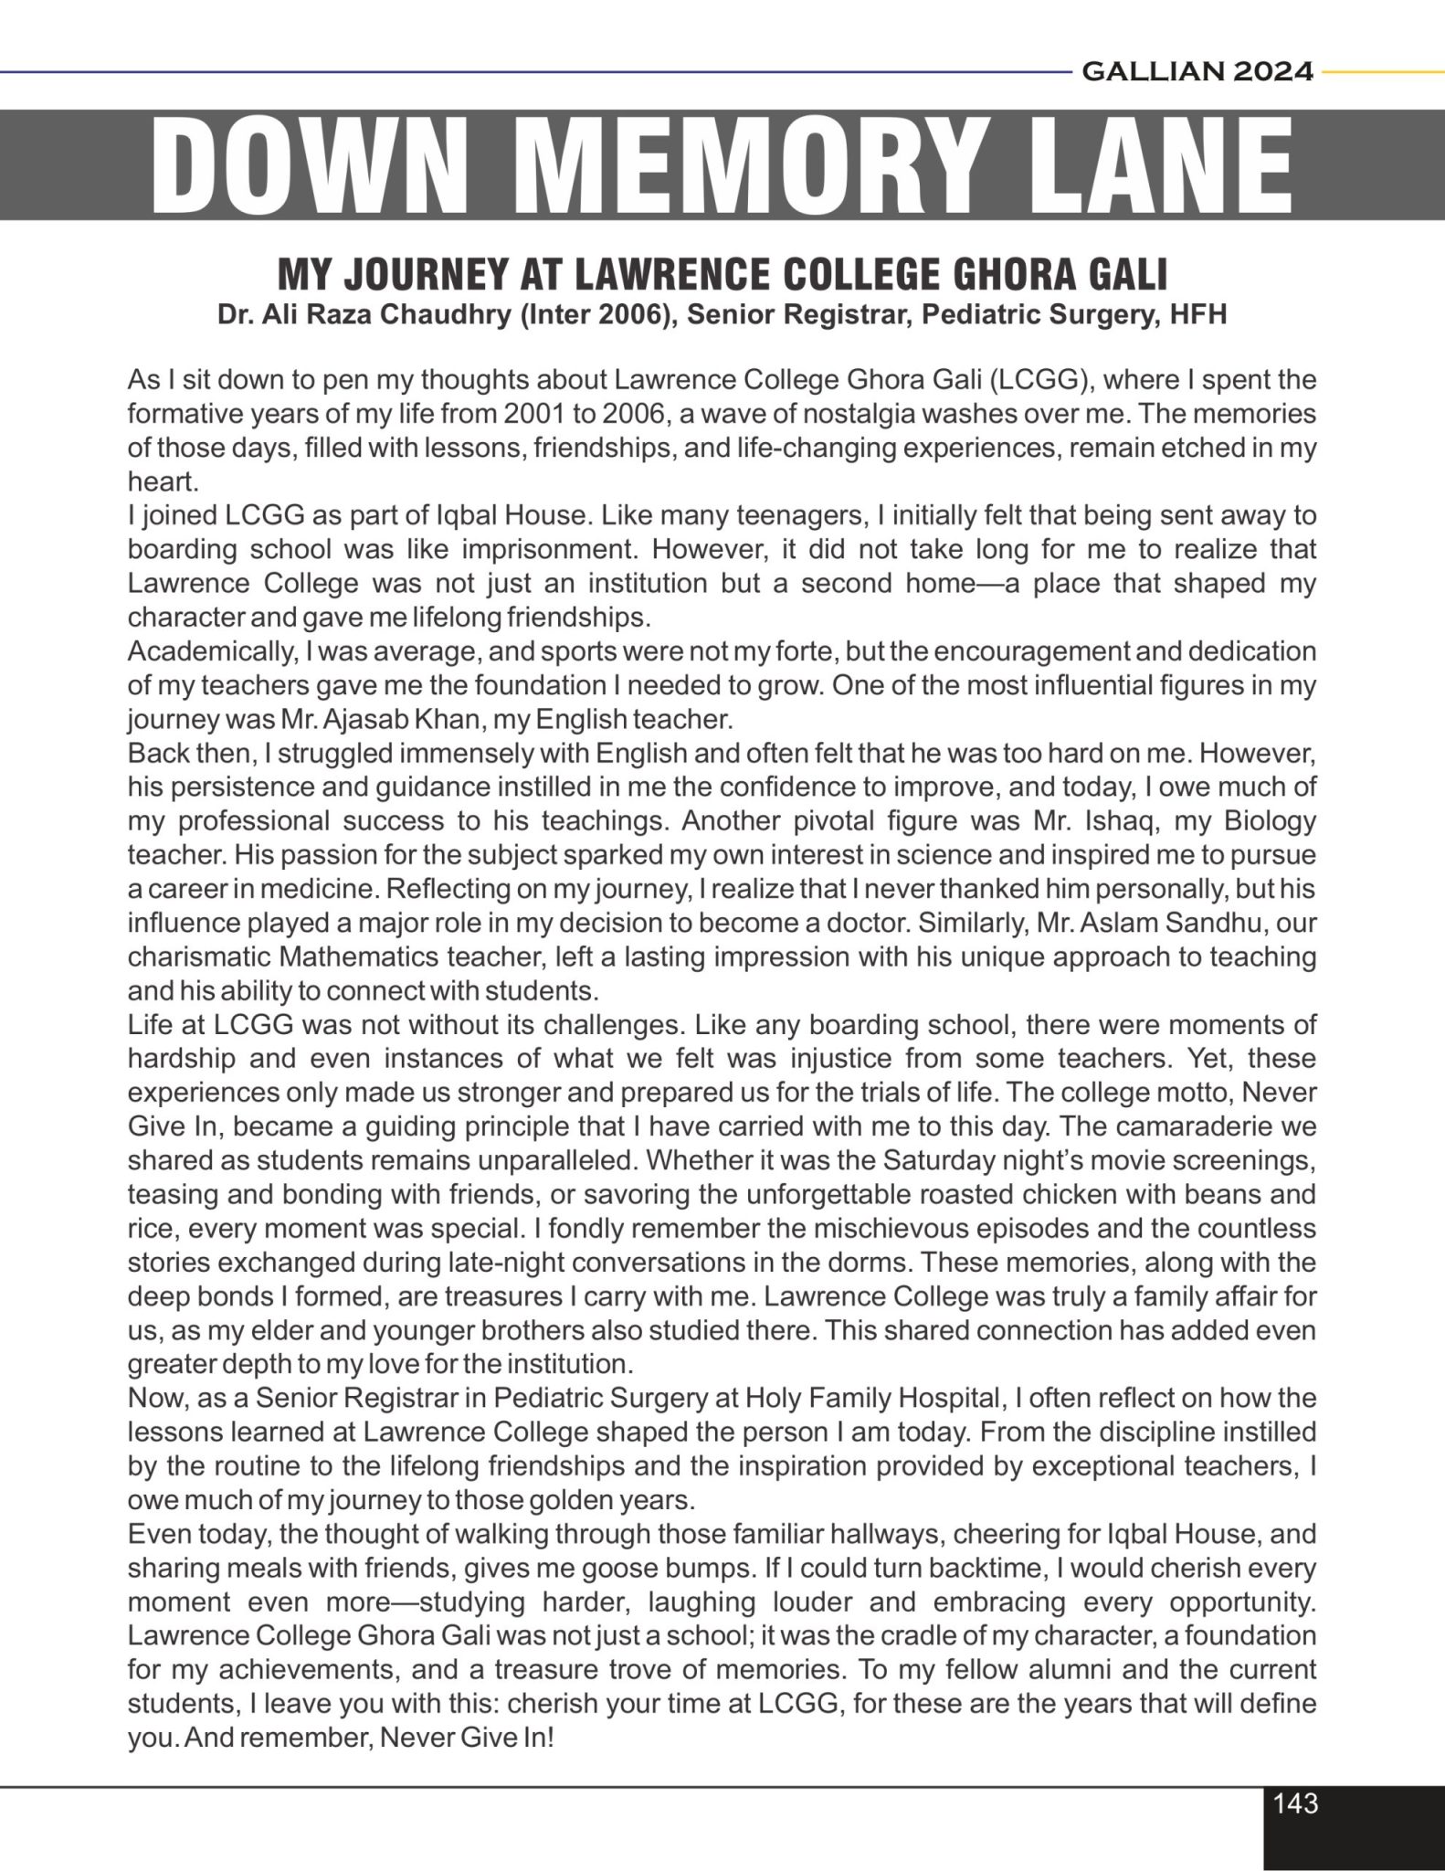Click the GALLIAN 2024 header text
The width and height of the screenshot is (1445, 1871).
[x=1197, y=71]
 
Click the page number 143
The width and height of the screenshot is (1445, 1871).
[x=1295, y=1803]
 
